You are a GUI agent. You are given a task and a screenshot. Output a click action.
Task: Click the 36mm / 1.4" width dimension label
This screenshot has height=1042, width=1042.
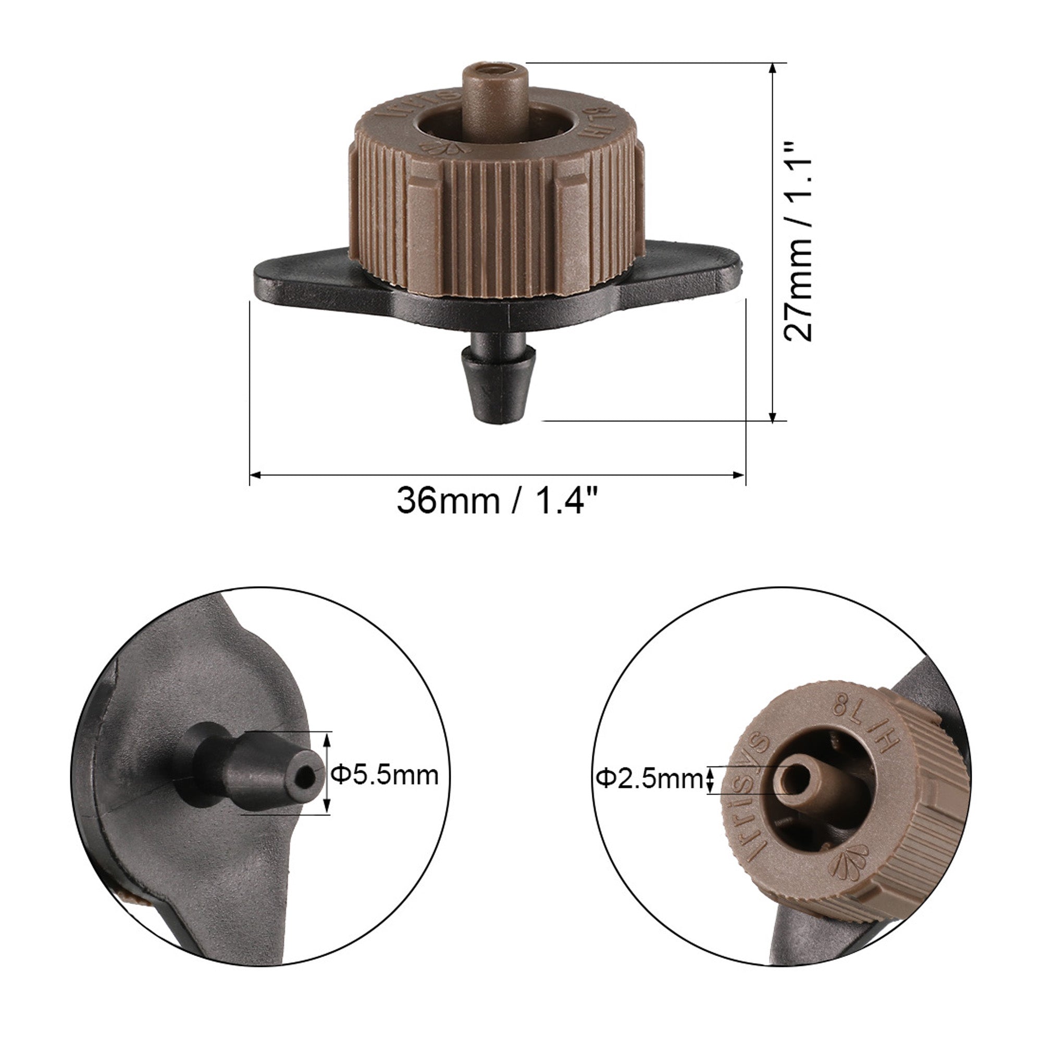pos(498,501)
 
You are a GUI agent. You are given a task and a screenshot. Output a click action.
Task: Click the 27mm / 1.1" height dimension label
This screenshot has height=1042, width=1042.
pos(798,242)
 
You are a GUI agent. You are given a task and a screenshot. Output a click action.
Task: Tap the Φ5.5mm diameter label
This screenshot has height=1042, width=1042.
pos(384,776)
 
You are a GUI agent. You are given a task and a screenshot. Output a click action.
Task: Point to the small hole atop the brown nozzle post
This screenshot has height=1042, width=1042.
pos(494,70)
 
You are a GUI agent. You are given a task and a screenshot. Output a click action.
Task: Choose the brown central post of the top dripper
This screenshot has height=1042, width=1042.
pos(494,92)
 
